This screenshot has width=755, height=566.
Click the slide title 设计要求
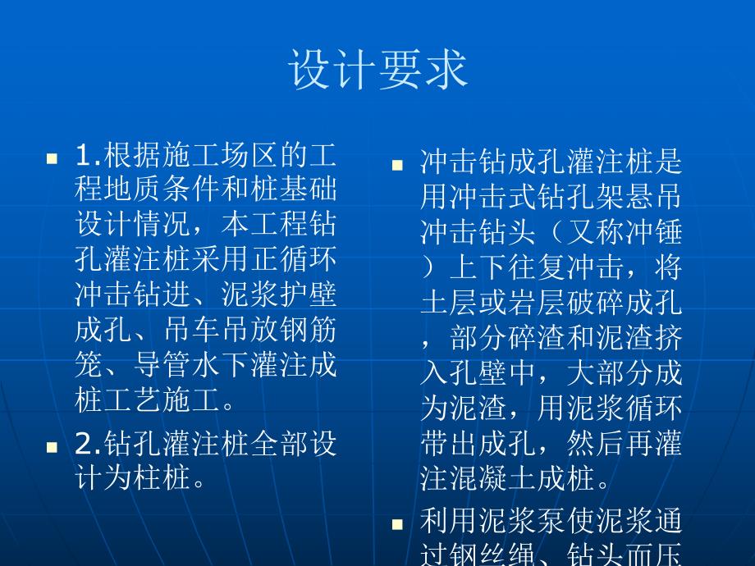click(x=377, y=69)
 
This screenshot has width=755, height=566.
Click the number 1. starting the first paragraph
click(x=89, y=157)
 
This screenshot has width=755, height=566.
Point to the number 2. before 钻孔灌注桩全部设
click(x=89, y=445)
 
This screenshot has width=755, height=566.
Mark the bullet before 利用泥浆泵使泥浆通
click(x=397, y=523)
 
